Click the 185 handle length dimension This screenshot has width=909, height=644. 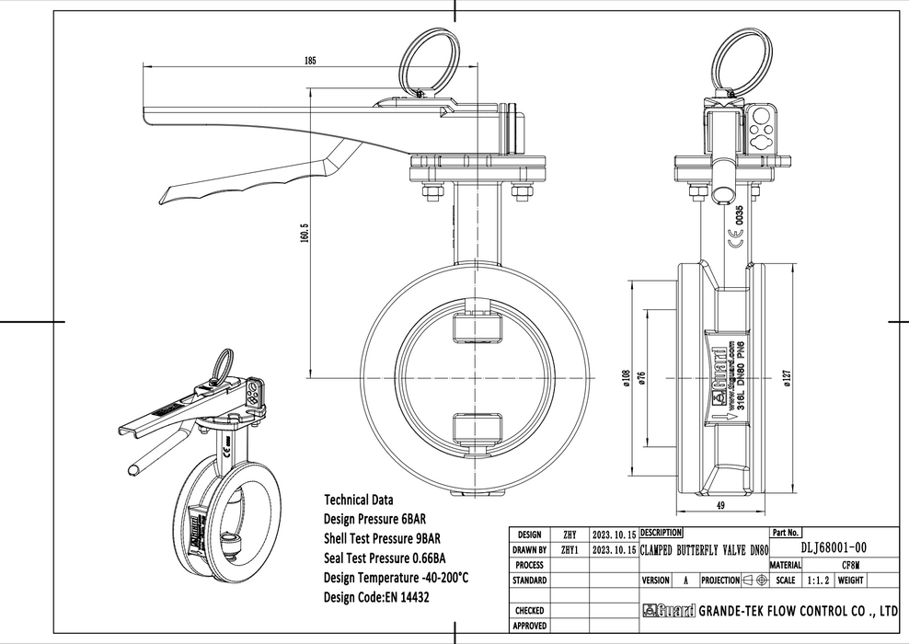pos(310,61)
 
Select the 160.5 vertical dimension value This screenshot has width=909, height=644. pos(304,234)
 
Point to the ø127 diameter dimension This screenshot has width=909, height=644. pos(785,377)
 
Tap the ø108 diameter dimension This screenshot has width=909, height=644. pos(627,377)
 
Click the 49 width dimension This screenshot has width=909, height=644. pos(721,505)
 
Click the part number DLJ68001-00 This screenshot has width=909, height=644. pos(834,547)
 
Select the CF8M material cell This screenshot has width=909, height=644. pos(850,564)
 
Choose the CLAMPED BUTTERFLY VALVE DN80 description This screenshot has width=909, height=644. pos(704,548)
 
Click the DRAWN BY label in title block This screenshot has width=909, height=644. pos(530,549)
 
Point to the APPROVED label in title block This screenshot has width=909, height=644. pos(530,626)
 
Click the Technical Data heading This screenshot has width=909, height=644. pos(359,500)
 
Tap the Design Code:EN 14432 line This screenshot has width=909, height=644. pos(377,597)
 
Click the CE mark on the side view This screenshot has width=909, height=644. pos(737,243)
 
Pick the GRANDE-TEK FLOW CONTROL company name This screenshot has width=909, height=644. pos(799,610)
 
